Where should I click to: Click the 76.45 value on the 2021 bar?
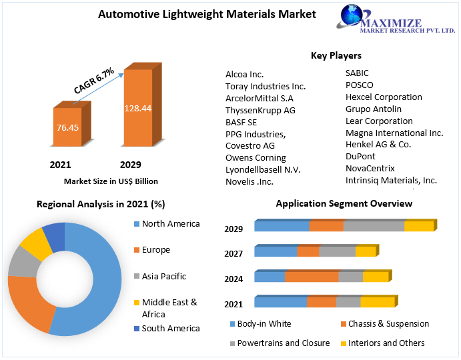[x=66, y=127]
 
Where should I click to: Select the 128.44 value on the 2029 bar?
[x=137, y=108]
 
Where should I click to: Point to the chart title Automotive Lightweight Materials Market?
[x=207, y=14]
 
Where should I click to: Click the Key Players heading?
[x=336, y=55]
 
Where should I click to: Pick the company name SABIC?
[x=357, y=73]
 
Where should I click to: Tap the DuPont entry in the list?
[x=360, y=157]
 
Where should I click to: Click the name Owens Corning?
[x=256, y=158]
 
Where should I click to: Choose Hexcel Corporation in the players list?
[x=384, y=97]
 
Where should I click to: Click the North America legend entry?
[x=170, y=224]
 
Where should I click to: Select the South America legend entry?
[x=170, y=329]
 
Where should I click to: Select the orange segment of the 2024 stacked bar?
[x=312, y=277]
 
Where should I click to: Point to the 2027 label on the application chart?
[x=234, y=253]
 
